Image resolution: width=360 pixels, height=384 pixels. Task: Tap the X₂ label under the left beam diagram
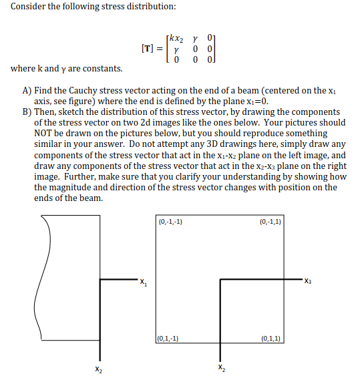100,369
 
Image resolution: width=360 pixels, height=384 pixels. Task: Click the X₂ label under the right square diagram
221,369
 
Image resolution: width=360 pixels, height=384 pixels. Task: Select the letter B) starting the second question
27,112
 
